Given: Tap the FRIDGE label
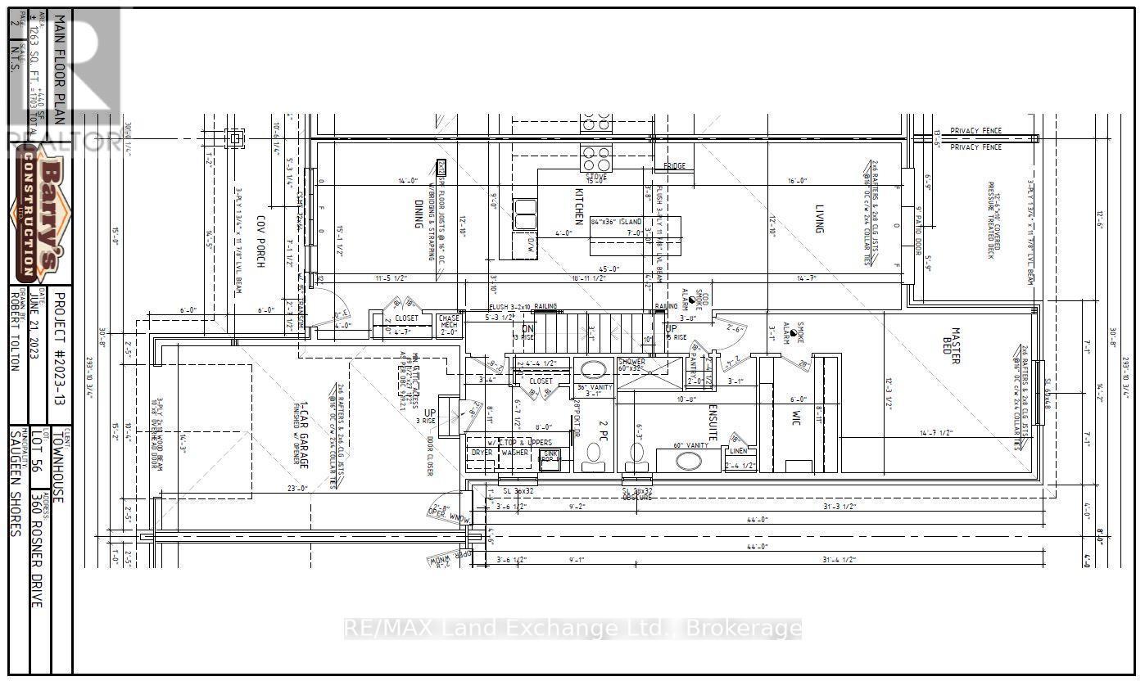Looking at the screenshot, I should (x=674, y=166).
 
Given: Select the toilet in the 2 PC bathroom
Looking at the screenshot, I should (x=591, y=461).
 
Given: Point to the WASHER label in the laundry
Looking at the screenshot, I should (x=514, y=452).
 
